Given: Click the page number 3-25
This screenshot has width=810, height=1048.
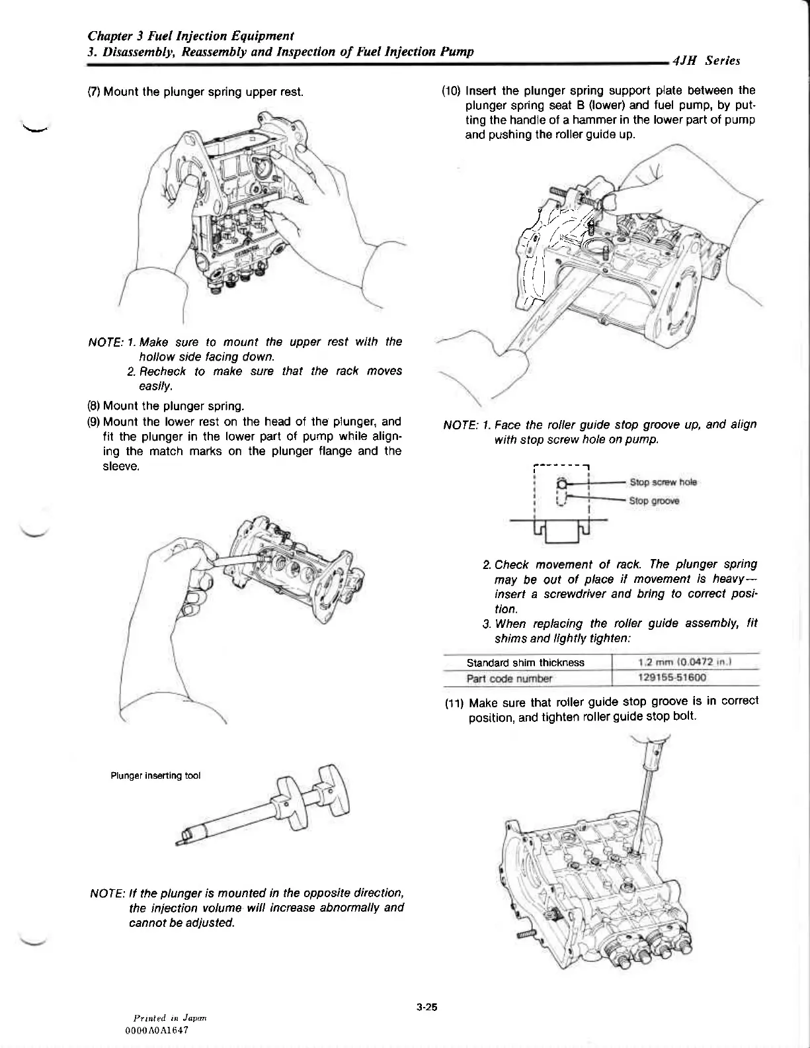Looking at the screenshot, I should pyautogui.click(x=428, y=1008).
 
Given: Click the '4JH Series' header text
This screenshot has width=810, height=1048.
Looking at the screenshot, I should pyautogui.click(x=706, y=61).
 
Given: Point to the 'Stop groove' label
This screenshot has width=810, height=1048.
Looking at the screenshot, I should pyautogui.click(x=654, y=501).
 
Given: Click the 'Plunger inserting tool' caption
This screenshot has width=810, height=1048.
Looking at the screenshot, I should pyautogui.click(x=155, y=775).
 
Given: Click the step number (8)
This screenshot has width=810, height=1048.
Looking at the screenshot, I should pyautogui.click(x=95, y=405).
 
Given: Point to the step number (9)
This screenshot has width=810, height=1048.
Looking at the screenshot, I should pyautogui.click(x=95, y=421).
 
